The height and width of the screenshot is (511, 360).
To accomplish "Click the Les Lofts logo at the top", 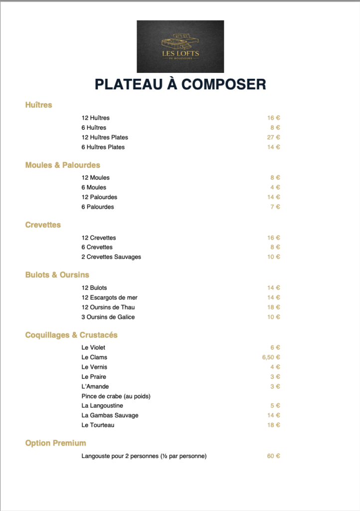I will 180,46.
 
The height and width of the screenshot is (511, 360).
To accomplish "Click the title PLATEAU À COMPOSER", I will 180,84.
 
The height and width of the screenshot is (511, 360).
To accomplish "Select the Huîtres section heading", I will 39,105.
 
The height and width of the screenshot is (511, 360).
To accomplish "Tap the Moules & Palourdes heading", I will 63,165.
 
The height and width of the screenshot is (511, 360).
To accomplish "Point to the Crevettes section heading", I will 43,225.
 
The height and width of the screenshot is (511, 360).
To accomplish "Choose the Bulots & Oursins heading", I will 57,275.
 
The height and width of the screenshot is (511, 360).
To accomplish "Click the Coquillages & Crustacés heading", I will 71,335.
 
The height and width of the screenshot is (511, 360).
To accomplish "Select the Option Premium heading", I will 55,443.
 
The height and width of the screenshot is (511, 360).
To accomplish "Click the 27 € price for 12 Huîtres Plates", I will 274,137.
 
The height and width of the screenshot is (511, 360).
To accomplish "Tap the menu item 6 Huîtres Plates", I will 103,147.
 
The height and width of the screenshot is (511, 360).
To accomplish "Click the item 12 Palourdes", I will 99,197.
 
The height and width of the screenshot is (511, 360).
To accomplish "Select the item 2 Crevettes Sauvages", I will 111,257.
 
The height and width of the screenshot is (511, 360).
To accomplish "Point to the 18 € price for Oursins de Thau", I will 274,307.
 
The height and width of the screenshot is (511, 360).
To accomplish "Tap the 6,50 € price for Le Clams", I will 271,357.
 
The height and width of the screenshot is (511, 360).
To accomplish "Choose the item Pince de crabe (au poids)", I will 116,396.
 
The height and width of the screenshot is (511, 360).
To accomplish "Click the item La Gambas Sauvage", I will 110,415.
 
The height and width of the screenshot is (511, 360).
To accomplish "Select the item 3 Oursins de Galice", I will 108,317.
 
